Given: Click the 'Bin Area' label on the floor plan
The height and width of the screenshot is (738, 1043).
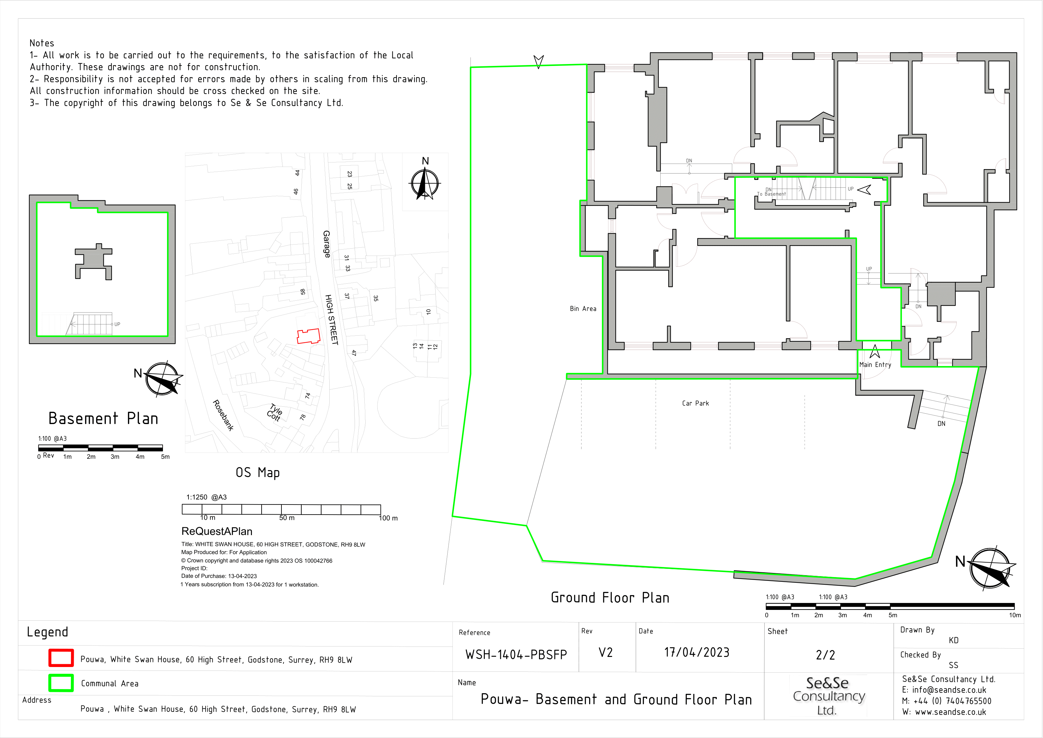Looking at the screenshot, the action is point(583,309).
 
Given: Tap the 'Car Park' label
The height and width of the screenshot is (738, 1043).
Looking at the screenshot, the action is point(695,403).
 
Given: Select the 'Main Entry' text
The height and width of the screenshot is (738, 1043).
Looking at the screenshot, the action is point(875,365).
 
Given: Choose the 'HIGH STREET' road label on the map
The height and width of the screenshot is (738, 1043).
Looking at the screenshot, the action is point(332,320).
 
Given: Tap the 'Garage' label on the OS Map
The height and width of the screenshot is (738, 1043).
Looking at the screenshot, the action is point(327,244).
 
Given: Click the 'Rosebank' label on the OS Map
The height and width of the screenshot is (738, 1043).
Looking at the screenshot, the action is point(223,415).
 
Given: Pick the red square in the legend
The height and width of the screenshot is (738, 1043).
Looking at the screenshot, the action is point(61,658).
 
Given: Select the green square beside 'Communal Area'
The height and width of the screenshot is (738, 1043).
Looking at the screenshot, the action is point(61,682).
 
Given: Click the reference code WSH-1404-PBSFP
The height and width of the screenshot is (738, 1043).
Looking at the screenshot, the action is point(516,655).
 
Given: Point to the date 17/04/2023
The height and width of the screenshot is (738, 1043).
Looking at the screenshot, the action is point(697,652).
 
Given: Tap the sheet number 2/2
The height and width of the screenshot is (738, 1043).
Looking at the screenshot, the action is point(826,655).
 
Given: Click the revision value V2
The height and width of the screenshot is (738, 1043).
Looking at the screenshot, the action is point(606,653).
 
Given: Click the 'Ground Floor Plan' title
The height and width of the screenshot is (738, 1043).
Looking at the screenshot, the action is point(610,598).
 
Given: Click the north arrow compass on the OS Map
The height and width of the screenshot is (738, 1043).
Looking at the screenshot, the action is point(425,184).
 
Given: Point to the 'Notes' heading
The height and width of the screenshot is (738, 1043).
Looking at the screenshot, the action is point(42,43).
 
